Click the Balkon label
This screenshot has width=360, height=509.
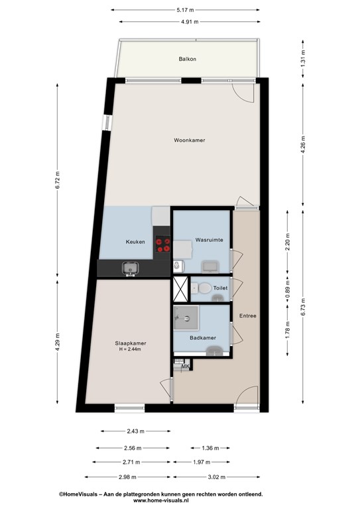(188, 59)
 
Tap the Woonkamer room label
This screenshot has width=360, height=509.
(189, 141)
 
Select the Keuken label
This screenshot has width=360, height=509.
(135, 242)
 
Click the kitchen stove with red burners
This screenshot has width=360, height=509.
(162, 245)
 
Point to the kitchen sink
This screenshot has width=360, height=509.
(130, 268)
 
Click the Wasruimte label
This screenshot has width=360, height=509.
(209, 240)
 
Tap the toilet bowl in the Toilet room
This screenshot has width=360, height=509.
(204, 288)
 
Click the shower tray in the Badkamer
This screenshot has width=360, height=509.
(186, 318)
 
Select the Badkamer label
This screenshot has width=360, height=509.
(203, 338)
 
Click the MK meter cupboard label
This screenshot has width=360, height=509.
(186, 367)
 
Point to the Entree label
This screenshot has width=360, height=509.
(248, 316)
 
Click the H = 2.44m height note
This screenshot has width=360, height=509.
(130, 349)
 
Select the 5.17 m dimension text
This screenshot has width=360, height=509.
(185, 10)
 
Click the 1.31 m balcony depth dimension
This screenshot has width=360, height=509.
(303, 59)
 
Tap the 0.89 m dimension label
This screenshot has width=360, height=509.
(287, 289)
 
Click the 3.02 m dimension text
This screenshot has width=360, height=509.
(217, 477)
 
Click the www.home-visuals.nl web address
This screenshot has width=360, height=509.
(160, 500)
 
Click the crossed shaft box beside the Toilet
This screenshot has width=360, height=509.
(180, 289)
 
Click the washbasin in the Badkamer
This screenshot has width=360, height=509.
(214, 351)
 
